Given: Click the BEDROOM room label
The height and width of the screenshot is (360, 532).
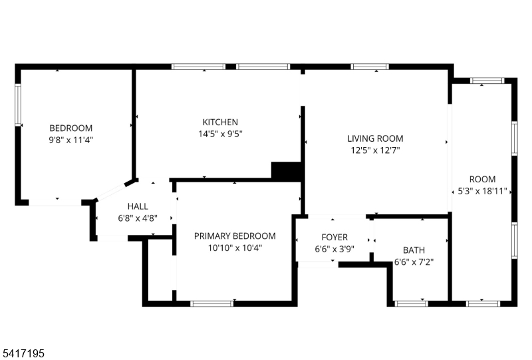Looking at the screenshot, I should (70, 128).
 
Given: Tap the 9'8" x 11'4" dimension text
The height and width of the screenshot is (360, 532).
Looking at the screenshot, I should (70, 140).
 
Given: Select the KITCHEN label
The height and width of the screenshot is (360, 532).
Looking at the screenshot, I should (220, 122).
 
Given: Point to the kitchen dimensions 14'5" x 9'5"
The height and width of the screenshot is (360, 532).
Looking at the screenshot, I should (220, 133).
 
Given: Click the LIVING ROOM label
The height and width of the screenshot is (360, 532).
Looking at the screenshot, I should (375, 138).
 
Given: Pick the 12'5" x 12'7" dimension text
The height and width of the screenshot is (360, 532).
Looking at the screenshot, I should (375, 150).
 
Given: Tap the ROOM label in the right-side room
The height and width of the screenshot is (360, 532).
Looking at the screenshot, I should (482, 179).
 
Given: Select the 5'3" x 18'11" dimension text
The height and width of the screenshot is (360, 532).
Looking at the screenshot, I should (482, 191).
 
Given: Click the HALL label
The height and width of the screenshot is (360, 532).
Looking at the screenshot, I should (138, 206).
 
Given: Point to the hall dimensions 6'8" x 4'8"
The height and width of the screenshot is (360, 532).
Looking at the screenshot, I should (138, 218).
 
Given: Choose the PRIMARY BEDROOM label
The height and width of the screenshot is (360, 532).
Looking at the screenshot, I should (234, 236).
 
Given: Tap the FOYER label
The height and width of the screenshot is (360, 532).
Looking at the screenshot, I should (334, 238).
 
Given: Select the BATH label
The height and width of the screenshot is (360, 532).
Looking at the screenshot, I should (414, 250).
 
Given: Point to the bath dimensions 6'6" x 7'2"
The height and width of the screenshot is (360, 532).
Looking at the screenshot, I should (414, 262).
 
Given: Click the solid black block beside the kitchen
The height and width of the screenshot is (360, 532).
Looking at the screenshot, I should (287, 170).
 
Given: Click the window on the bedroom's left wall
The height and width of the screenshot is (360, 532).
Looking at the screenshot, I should (19, 105).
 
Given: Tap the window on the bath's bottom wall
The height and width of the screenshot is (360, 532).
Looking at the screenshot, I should (411, 303).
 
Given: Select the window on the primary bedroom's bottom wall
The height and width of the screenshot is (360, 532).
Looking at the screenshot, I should (212, 303).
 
